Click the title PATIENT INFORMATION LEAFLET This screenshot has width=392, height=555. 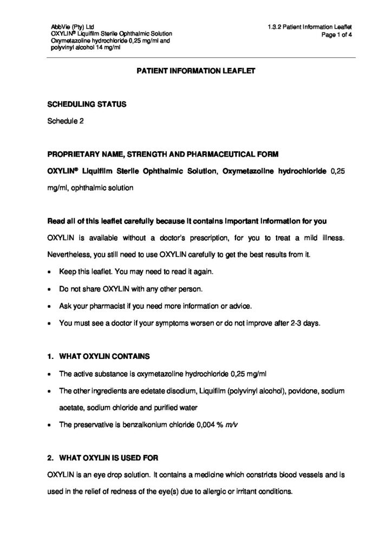[x=195, y=70]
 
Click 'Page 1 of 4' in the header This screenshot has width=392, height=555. [x=337, y=34]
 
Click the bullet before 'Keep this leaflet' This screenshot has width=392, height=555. [x=50, y=270]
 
